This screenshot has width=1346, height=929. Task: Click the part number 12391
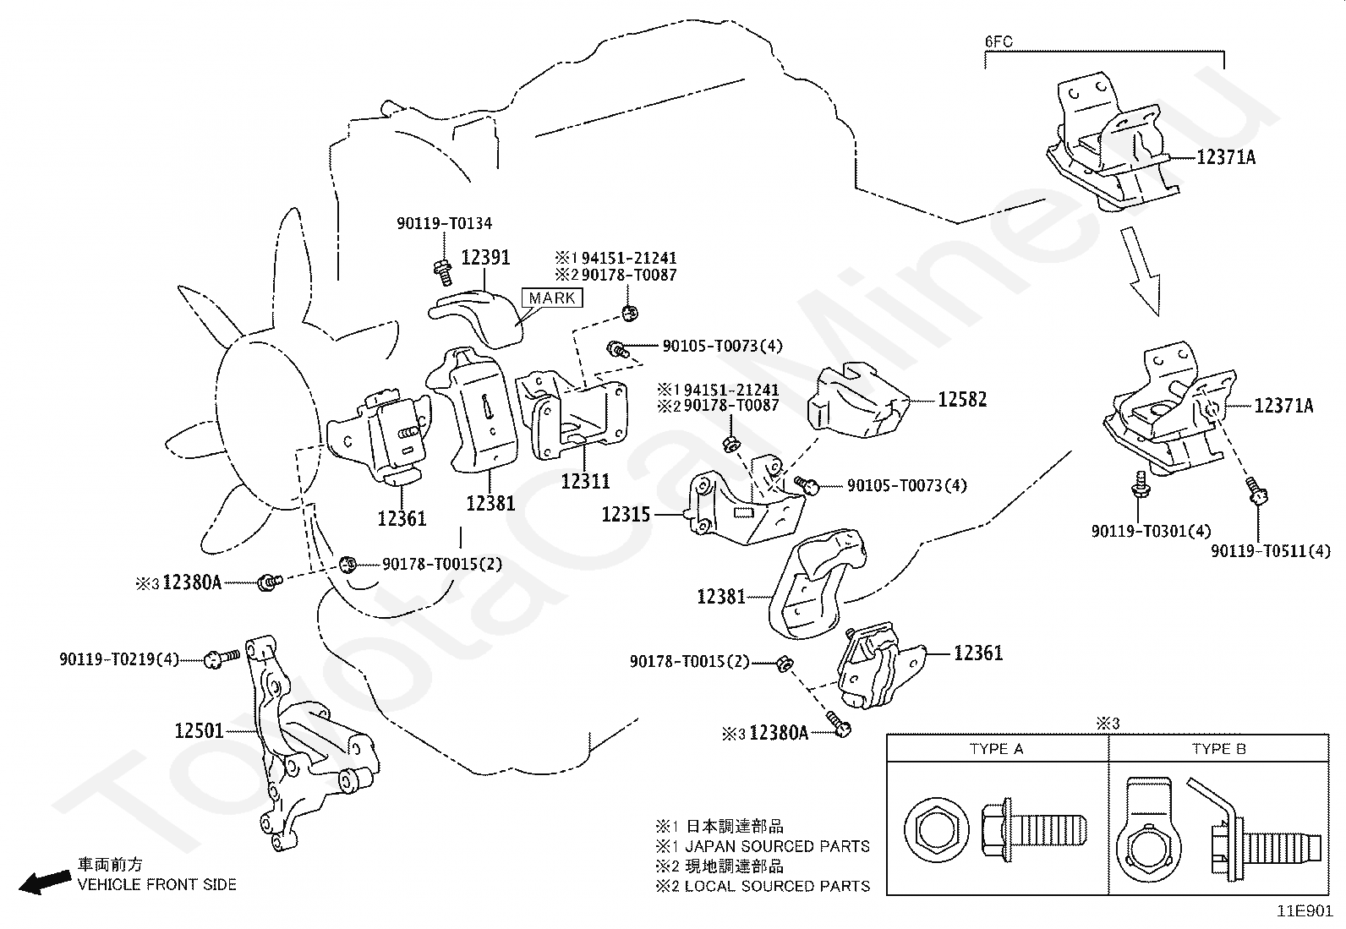click(485, 257)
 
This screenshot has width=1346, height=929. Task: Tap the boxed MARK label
click(553, 298)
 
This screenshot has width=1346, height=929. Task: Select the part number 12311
click(585, 481)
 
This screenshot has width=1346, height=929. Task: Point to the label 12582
click(962, 399)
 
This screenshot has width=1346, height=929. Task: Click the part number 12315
click(626, 514)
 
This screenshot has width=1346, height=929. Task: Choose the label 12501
click(199, 730)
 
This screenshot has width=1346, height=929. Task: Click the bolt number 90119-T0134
click(444, 223)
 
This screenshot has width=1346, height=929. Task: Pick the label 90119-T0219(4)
click(119, 658)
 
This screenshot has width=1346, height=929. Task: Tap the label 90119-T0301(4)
click(1151, 531)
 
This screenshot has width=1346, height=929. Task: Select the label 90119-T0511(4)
click(1270, 551)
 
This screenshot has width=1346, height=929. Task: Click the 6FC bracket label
click(999, 40)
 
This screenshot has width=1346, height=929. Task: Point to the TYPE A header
click(996, 749)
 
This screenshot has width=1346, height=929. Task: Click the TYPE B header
click(1218, 749)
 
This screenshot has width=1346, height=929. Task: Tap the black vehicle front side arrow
click(45, 882)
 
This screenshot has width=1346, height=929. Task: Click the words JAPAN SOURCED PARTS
click(777, 846)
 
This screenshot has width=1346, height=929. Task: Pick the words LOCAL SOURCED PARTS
click(777, 886)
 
